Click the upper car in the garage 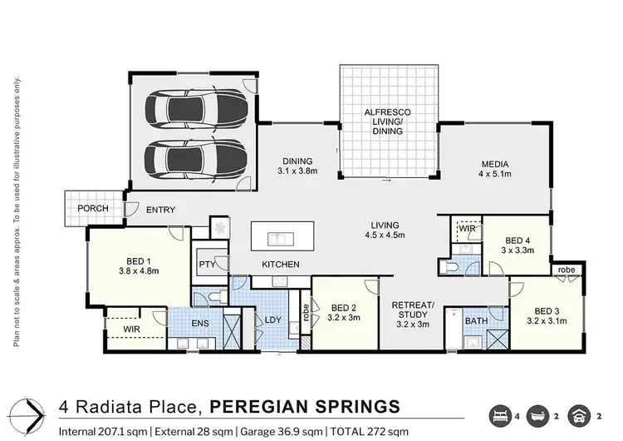[x=195, y=108]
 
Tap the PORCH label [x=92, y=208]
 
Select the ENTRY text [x=159, y=210]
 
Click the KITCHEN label [x=280, y=265]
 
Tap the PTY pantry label [x=208, y=265]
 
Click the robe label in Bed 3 [x=567, y=270]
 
